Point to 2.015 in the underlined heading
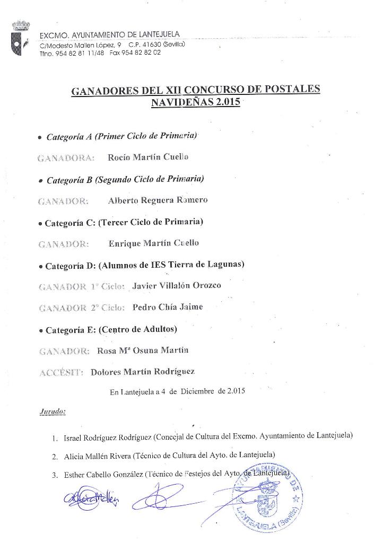[228, 102]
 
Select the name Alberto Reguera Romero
[150, 200]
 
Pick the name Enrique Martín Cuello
[153, 243]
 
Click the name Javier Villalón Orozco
[177, 285]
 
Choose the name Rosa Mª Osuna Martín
[143, 350]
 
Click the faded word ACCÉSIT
[62, 373]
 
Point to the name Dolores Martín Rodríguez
[143, 372]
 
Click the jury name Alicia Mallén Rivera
[98, 456]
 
